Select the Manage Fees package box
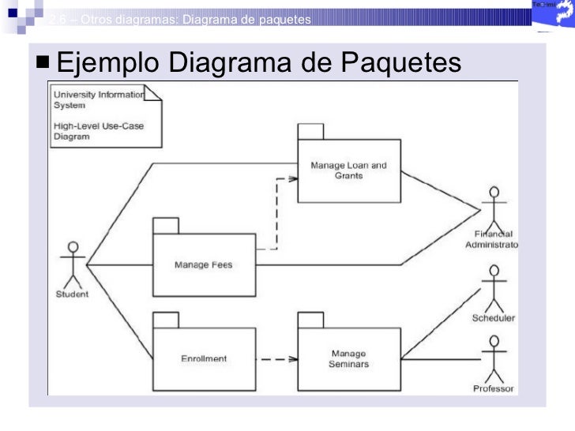(x=203, y=264)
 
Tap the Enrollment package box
(x=203, y=358)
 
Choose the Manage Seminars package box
(x=348, y=359)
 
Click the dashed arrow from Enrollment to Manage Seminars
(x=276, y=359)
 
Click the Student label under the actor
(x=72, y=296)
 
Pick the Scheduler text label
(x=494, y=318)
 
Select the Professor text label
(x=494, y=388)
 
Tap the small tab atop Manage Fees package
(x=166, y=225)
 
